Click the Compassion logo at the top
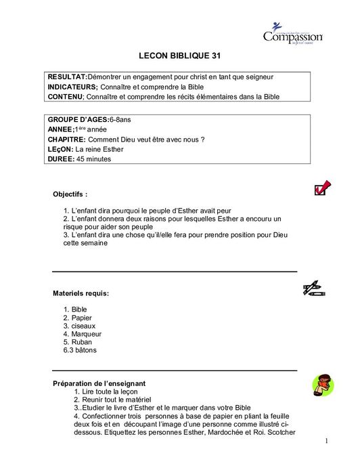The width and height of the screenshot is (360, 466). [292, 35]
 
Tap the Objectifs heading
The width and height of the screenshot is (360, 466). [70, 194]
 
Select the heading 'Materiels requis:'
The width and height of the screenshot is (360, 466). [81, 293]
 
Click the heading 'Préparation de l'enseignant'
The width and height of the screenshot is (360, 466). [99, 383]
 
